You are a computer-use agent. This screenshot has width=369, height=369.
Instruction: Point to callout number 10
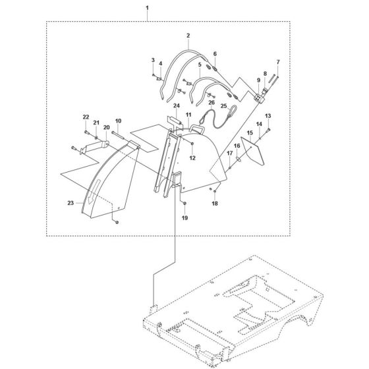pos(118,121)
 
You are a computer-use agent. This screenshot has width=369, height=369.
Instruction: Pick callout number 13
pos(268,116)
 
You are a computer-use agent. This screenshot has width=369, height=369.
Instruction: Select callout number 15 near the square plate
pos(250,133)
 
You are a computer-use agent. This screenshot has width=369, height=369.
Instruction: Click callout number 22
pos(86,117)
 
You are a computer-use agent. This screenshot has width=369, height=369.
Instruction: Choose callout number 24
pos(176,106)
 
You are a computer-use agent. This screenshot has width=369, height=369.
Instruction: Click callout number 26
pos(212,103)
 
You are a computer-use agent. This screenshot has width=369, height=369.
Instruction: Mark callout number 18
pos(213,205)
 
